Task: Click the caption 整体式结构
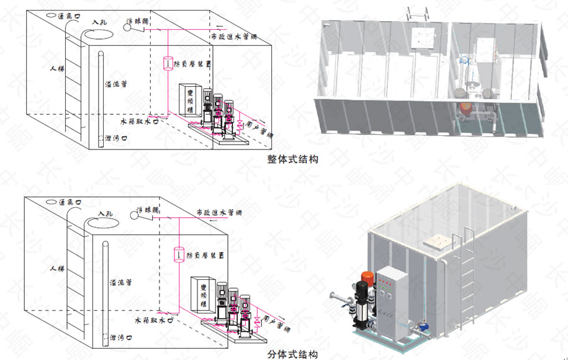(292, 160)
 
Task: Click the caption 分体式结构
(293, 354)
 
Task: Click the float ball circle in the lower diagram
(134, 215)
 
